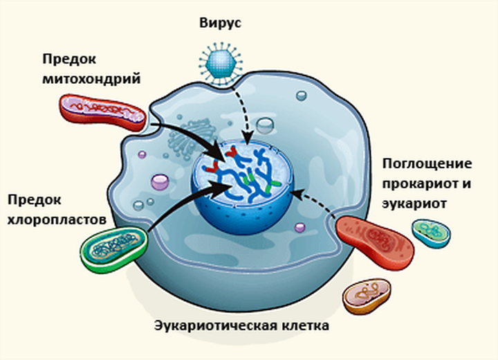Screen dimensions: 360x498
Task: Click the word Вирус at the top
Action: click(221, 22)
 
